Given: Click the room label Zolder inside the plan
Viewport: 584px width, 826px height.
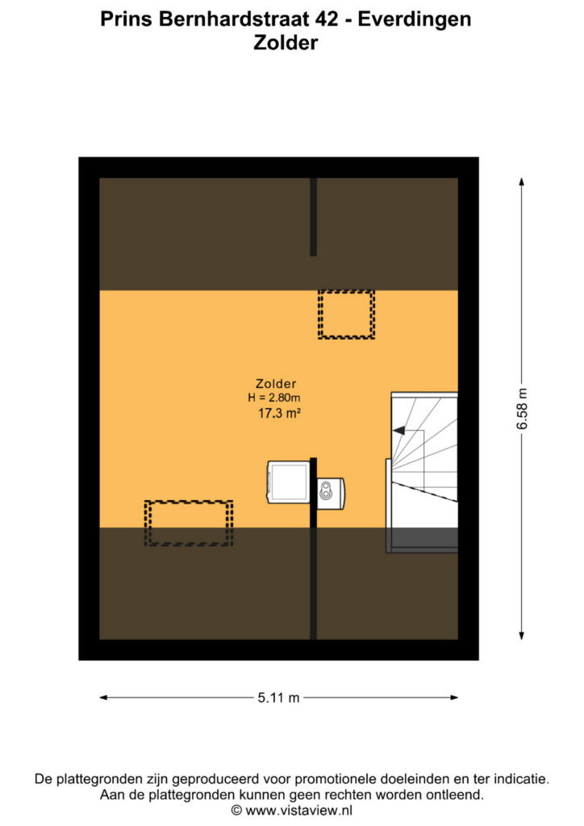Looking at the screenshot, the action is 275,383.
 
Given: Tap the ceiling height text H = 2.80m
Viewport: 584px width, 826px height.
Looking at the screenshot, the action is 273,398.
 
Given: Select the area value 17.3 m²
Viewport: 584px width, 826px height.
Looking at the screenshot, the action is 279,413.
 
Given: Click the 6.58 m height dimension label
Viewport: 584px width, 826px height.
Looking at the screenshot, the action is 521,409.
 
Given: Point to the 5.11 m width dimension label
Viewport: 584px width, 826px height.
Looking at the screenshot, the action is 278,698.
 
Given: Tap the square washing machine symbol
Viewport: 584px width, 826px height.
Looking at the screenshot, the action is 289,482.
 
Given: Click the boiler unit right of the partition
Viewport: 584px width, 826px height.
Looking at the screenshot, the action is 330,493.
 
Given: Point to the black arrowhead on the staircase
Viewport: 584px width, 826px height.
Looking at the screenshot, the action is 398,431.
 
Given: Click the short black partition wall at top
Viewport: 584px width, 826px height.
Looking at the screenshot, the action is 313,217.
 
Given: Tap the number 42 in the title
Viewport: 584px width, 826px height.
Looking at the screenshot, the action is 327,19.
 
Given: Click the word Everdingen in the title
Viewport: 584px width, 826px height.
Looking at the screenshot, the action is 415,19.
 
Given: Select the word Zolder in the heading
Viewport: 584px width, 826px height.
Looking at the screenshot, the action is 286,43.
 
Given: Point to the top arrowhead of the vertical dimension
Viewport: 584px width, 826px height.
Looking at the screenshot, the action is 521,181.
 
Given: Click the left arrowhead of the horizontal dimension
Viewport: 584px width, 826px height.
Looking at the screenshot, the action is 104,698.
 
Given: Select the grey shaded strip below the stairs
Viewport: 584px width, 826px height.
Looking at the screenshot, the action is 422,537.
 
